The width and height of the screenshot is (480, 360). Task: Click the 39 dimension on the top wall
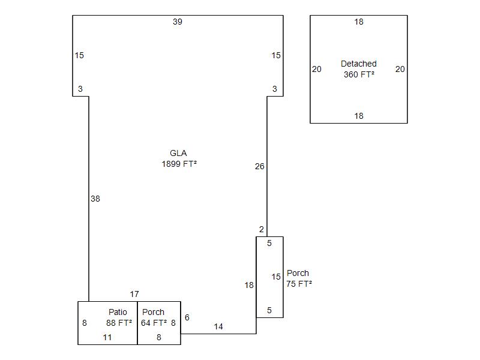coord(178,22)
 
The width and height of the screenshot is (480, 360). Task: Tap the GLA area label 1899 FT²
coord(179,163)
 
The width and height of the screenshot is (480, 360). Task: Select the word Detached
coord(359,64)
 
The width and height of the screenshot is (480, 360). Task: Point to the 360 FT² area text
coord(359,74)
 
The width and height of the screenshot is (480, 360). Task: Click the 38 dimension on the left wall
coord(95,199)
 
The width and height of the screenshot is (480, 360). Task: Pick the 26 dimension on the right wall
coord(259,166)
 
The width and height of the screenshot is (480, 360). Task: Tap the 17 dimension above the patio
coord(134,294)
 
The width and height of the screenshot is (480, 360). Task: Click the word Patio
coord(118,312)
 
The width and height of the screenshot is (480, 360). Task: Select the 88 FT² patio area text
coord(119,323)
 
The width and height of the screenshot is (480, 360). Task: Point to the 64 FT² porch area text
coord(154,323)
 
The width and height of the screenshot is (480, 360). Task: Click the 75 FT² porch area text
coord(299,284)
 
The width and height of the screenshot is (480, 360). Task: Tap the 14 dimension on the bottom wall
coord(218,327)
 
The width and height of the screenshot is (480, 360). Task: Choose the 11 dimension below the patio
coord(107,337)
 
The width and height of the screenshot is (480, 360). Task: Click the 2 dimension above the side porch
coord(262,229)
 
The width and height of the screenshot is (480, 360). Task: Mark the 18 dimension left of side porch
coord(249,286)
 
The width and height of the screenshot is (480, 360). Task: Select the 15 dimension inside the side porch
coord(276,277)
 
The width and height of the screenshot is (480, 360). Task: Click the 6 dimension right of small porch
coord(187,317)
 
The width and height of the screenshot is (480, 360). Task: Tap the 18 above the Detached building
coord(359,22)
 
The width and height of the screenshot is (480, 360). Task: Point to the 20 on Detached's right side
coord(400,69)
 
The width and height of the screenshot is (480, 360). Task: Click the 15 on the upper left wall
coord(79,55)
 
